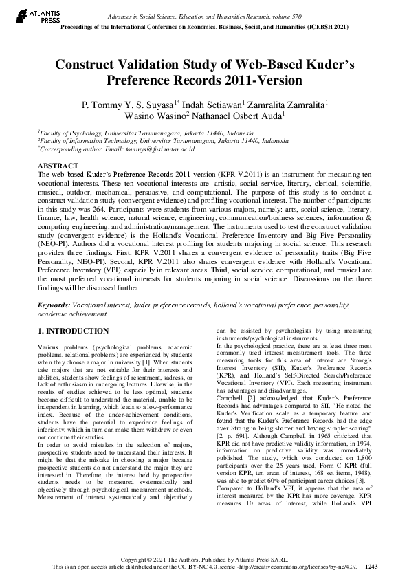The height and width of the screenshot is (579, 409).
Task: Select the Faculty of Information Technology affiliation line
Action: (154, 140)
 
